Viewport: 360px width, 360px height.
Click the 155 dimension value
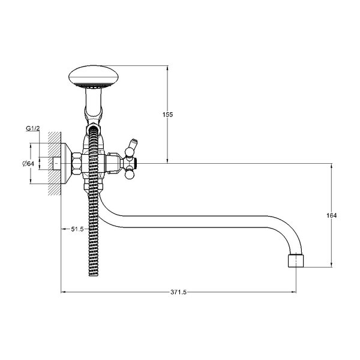pyautogui.click(x=167, y=115)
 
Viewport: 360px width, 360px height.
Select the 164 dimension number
pyautogui.click(x=332, y=215)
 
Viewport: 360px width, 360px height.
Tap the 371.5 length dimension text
pyautogui.click(x=178, y=292)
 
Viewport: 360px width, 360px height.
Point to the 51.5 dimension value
pyautogui.click(x=77, y=229)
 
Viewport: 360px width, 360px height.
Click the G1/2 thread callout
pyautogui.click(x=33, y=128)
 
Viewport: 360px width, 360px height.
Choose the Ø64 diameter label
pyautogui.click(x=28, y=164)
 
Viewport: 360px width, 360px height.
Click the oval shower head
pyautogui.click(x=94, y=76)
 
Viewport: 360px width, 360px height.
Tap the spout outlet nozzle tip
pyautogui.click(x=296, y=260)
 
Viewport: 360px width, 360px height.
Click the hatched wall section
pyautogui.click(x=55, y=163)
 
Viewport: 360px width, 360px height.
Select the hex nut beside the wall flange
pyautogui.click(x=77, y=163)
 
